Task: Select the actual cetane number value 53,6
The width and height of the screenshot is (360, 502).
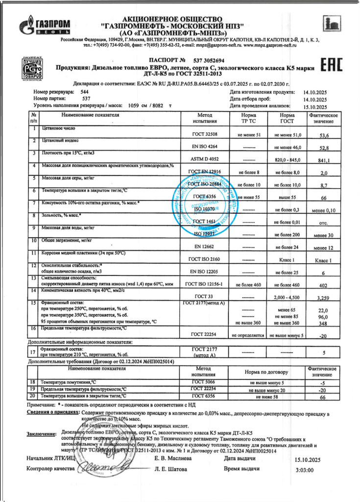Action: [324, 135]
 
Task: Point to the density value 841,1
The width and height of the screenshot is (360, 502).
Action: [324, 160]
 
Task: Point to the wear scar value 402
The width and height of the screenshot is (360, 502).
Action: [324, 285]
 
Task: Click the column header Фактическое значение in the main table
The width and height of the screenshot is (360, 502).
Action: [324, 118]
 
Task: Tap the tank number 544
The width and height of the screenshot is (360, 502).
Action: [85, 92]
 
